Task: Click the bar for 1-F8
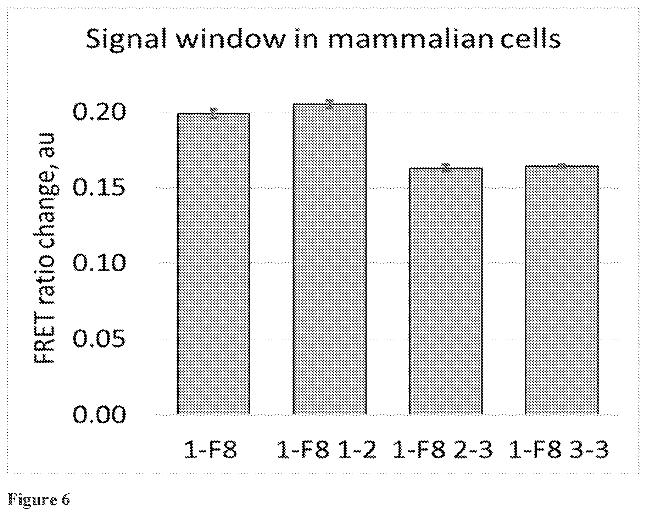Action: point(213,263)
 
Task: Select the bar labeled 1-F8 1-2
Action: point(330,259)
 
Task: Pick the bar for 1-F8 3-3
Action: point(562,290)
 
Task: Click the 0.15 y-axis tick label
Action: point(99,188)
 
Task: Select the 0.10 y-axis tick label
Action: point(99,263)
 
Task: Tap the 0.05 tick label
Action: point(99,339)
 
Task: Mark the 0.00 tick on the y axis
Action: point(99,414)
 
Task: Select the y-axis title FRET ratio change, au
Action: point(45,248)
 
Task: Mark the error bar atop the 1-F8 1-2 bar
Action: point(330,104)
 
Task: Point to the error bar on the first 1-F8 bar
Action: point(213,113)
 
